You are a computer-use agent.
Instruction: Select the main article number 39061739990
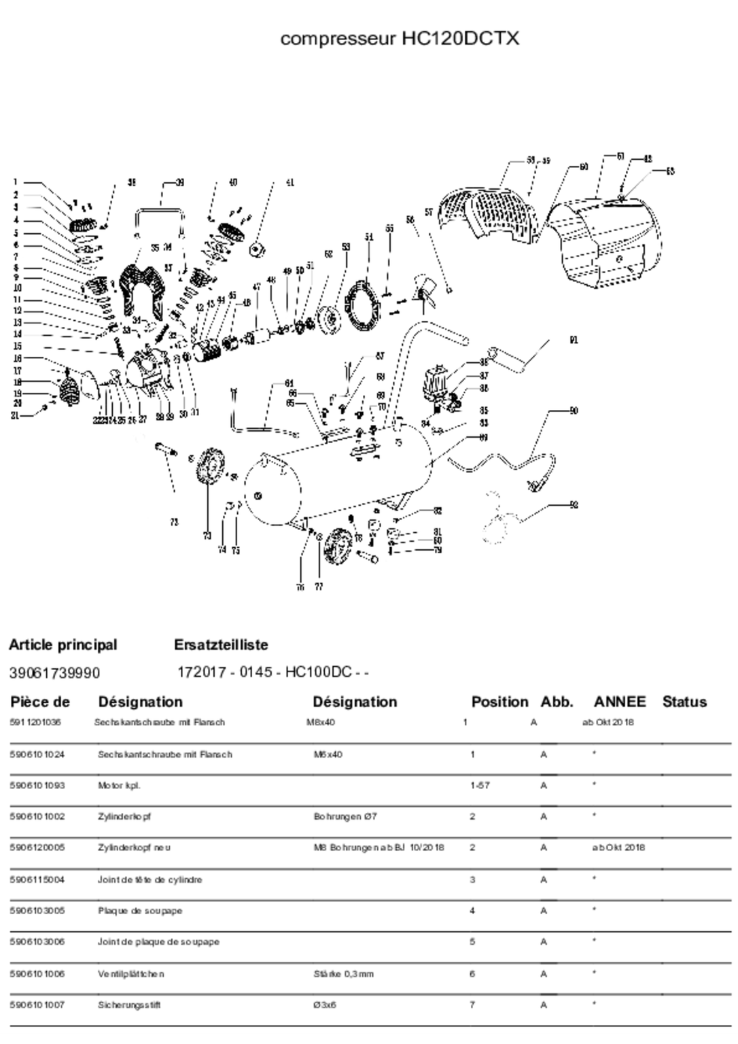[54, 673]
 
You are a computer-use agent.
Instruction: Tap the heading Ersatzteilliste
[221, 644]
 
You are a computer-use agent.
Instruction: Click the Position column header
[499, 701]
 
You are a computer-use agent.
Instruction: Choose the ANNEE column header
[620, 701]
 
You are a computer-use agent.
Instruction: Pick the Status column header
[684, 701]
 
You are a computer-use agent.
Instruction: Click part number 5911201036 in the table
[35, 723]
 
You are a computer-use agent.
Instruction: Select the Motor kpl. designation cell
[119, 786]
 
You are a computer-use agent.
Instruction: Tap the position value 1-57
[480, 786]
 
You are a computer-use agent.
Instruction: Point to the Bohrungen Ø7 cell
[345, 816]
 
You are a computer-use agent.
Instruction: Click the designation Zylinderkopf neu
[134, 848]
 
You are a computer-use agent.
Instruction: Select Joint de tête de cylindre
[150, 880]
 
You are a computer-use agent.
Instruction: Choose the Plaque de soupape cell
[140, 911]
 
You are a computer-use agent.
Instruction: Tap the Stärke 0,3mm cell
[343, 974]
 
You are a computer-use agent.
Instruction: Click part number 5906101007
[37, 1005]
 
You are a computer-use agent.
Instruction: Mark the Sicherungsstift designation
[129, 1005]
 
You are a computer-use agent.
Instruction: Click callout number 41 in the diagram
[289, 183]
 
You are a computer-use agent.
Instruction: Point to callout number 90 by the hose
[574, 411]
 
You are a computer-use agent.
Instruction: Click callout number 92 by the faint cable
[574, 505]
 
